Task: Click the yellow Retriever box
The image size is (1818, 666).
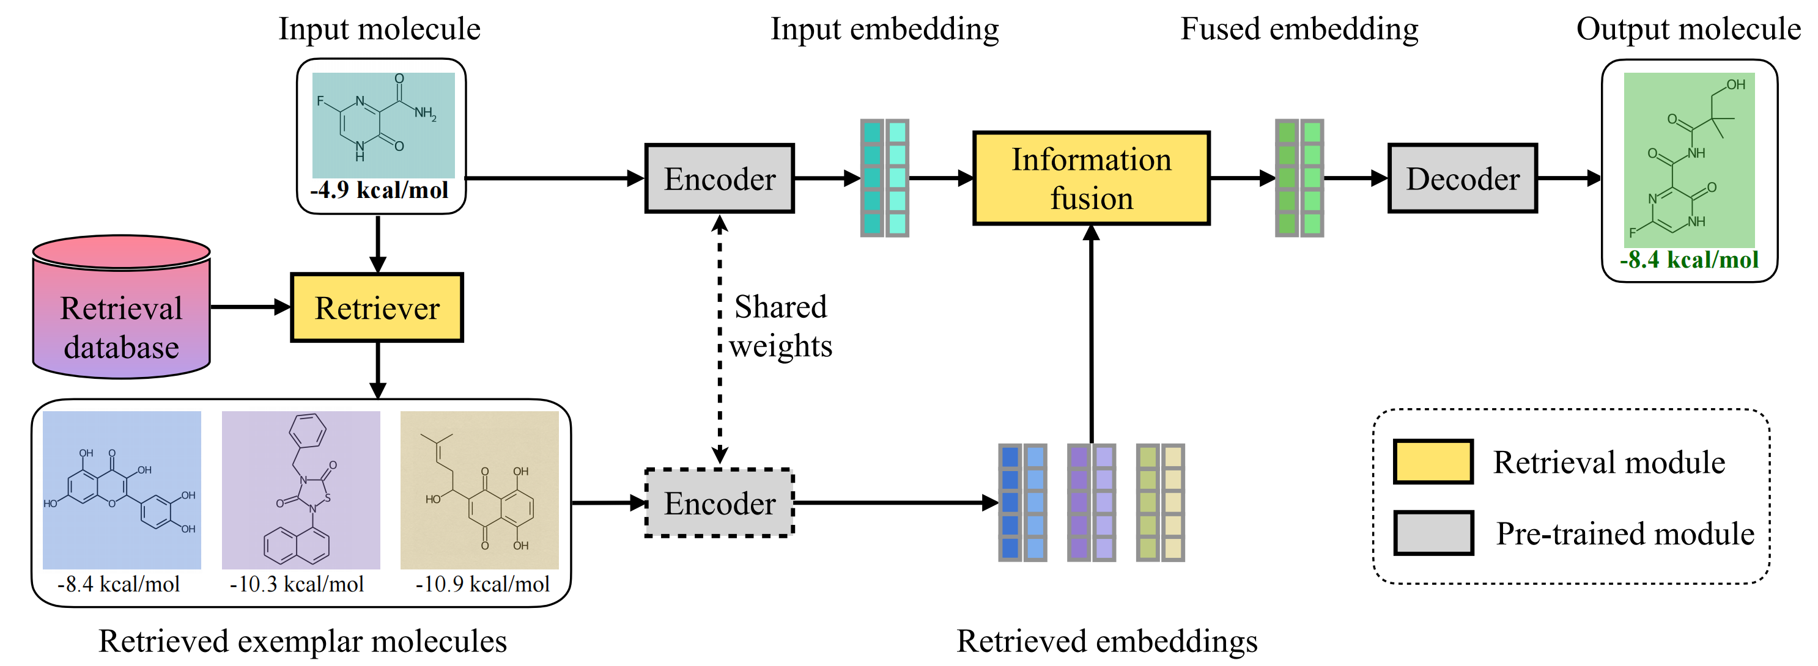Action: (377, 307)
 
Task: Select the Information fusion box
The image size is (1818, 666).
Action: (1091, 178)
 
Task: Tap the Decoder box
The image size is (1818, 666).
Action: (1462, 178)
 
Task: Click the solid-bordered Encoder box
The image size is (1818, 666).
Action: (719, 178)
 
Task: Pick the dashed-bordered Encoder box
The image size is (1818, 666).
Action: (719, 503)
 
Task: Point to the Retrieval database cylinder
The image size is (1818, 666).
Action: (122, 307)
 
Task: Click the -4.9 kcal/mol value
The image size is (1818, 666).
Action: (379, 190)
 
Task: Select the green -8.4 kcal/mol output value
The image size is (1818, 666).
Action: (1689, 260)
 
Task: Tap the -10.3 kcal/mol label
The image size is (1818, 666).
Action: (297, 584)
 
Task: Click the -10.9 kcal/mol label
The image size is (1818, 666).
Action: (482, 584)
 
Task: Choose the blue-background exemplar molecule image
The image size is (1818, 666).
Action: (122, 490)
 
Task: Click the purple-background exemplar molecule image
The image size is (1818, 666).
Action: (301, 490)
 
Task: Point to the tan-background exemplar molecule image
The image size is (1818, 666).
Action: (479, 490)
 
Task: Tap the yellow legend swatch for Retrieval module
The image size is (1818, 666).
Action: (1433, 462)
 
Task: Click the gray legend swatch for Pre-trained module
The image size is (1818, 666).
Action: (1433, 533)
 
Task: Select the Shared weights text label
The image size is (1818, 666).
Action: (780, 326)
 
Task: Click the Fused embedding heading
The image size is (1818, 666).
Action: (1299, 29)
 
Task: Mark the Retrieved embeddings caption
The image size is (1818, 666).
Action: (1107, 642)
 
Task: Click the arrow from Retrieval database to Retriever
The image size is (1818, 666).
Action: (251, 307)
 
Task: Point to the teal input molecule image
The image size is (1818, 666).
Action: (383, 125)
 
